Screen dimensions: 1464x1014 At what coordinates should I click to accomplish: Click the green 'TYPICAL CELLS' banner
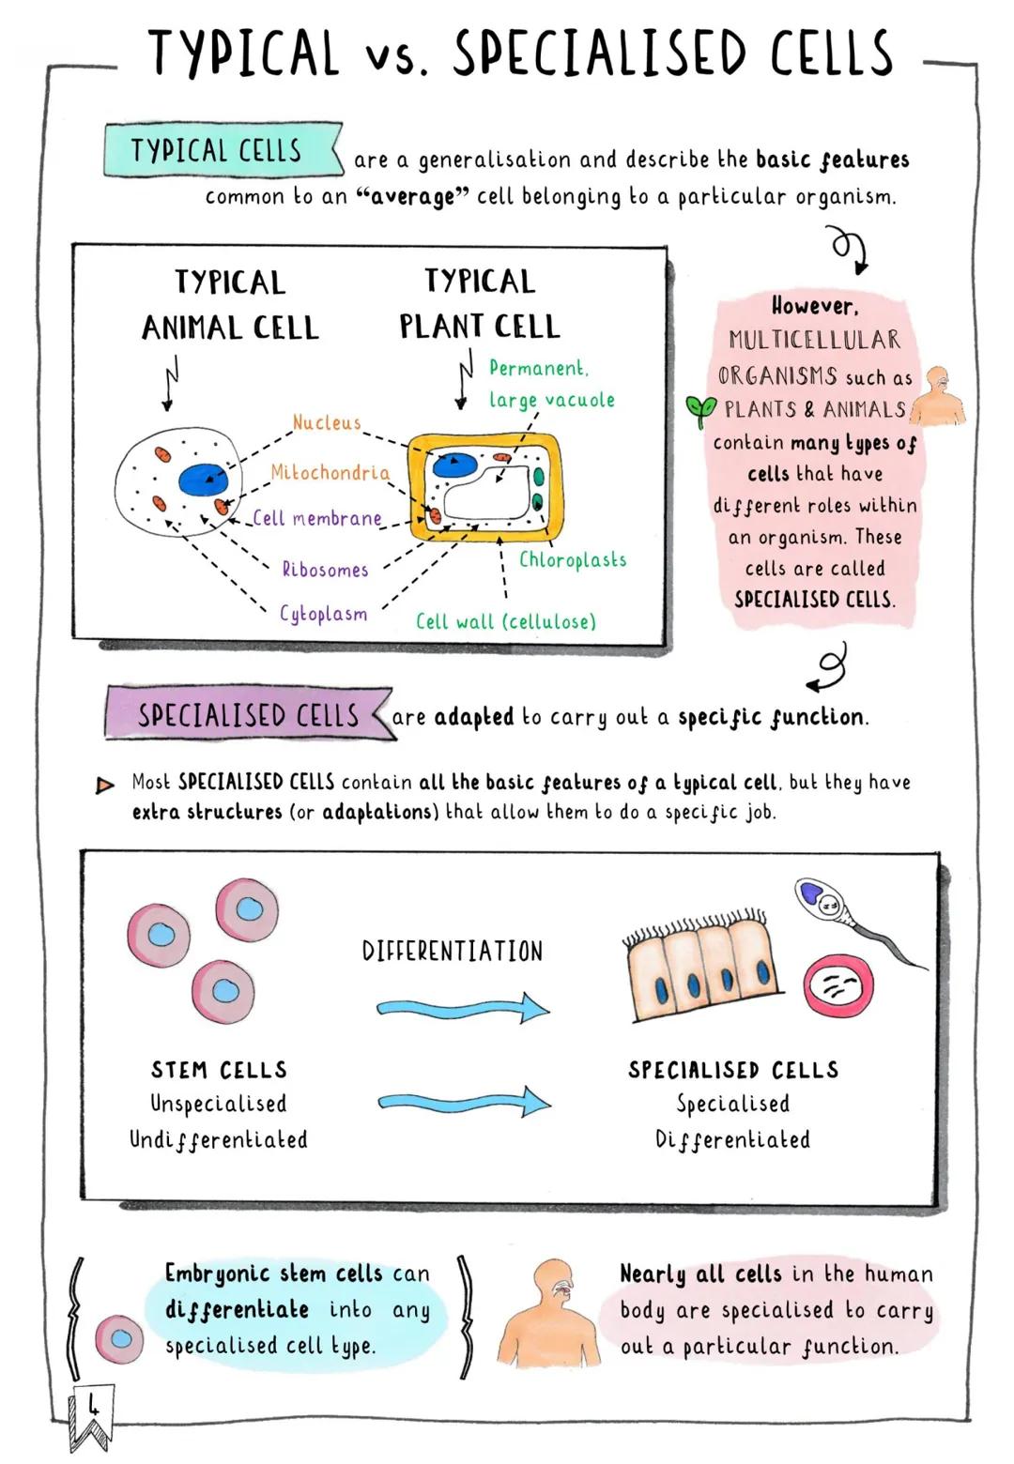click(x=220, y=150)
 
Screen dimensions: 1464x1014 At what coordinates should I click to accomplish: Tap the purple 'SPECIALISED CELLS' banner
click(x=248, y=715)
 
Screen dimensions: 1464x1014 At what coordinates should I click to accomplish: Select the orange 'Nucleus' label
click(x=326, y=423)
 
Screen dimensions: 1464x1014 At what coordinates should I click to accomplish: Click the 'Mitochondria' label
click(x=330, y=473)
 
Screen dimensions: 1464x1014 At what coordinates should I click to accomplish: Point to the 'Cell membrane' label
click(x=317, y=518)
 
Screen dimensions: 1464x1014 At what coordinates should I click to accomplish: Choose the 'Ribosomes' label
click(x=325, y=570)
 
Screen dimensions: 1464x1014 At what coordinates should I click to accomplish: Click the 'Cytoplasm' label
click(x=323, y=614)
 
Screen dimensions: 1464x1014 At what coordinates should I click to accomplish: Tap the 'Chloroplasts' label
click(x=572, y=560)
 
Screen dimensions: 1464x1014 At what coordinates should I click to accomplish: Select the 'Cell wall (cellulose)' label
click(x=505, y=621)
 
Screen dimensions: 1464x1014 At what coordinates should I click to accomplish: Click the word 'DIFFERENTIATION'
click(x=452, y=952)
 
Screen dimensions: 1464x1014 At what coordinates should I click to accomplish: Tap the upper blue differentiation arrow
click(x=463, y=1009)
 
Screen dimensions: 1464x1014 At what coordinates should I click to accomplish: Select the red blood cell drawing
click(x=838, y=986)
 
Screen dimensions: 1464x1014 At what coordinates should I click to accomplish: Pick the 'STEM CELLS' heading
click(x=219, y=1070)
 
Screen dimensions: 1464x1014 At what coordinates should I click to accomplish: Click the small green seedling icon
click(x=699, y=409)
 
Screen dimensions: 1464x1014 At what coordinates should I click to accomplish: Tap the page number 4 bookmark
click(x=92, y=1411)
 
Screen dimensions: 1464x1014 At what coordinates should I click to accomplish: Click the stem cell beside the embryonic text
click(x=119, y=1339)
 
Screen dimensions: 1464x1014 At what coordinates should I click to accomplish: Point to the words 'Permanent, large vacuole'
click(x=550, y=384)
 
